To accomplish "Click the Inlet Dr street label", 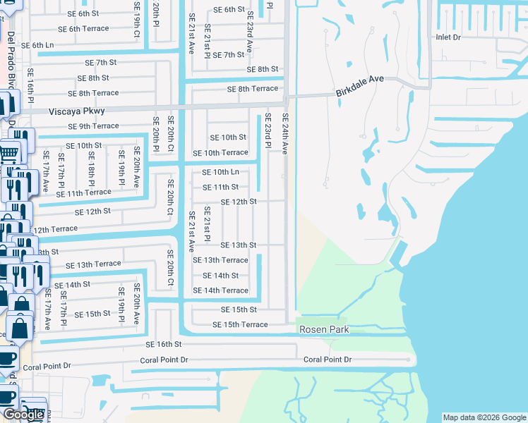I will pos(448,37).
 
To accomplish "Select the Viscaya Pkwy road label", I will pos(77,111).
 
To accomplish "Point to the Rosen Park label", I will pos(324,330).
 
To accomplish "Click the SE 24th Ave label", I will pos(285,134).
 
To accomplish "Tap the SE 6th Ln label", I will pos(37,45).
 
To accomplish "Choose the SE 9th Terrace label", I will pos(93,126).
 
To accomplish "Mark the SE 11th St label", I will pos(220,188).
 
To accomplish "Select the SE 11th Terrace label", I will pos(83,192).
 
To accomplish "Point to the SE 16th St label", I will pos(164,345).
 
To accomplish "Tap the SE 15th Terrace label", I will pos(240,325).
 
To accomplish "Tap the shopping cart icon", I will pos(8,152).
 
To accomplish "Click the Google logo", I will pos(24,415).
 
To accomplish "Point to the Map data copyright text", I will pos(484,417).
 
